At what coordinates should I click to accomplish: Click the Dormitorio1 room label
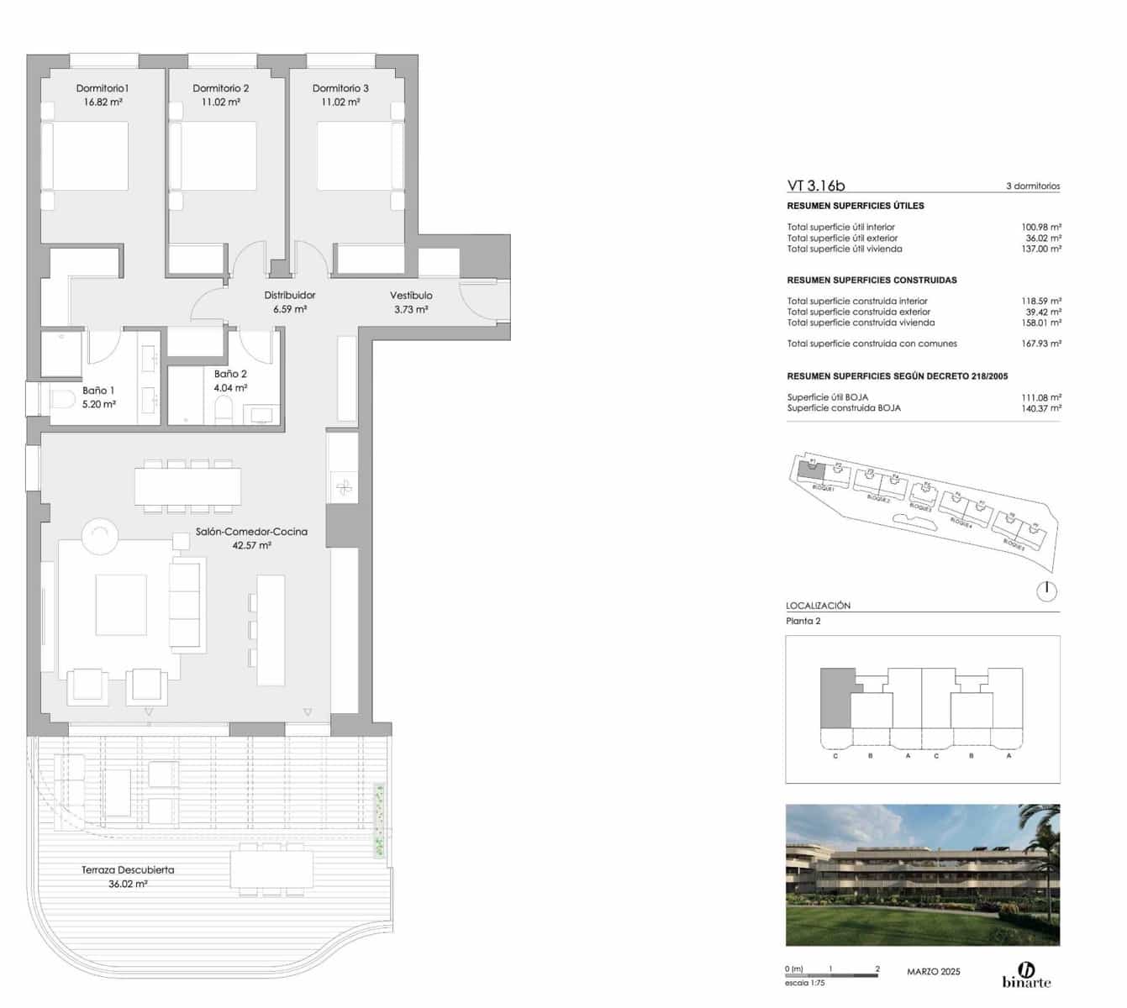[x=102, y=88]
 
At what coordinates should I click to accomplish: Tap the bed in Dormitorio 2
[x=213, y=156]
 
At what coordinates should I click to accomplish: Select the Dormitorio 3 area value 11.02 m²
[x=340, y=102]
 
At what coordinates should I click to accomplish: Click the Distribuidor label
[x=290, y=296]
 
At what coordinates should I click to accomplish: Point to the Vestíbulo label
[x=411, y=296]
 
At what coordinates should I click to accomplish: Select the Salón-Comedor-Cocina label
[x=251, y=532]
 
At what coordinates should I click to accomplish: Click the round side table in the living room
[x=100, y=535]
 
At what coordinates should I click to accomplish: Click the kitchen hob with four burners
[x=344, y=486]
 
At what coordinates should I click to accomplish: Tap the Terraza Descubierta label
[x=128, y=870]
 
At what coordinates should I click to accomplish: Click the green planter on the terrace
[x=380, y=821]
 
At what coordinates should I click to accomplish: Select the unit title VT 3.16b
[x=816, y=186]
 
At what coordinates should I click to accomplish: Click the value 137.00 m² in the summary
[x=1040, y=249]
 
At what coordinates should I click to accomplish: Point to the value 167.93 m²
[x=1040, y=344]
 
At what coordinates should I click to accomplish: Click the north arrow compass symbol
[x=1046, y=591]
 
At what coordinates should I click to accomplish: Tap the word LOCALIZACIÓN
[x=818, y=606]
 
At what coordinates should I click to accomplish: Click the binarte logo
[x=1026, y=975]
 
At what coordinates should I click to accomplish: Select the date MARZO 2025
[x=933, y=972]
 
